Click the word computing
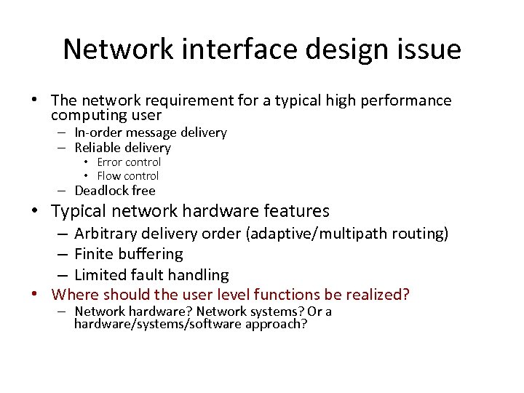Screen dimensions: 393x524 [87, 115]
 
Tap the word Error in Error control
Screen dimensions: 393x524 [110, 162]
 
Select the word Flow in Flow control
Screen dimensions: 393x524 [109, 176]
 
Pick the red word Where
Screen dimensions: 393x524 [75, 295]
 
